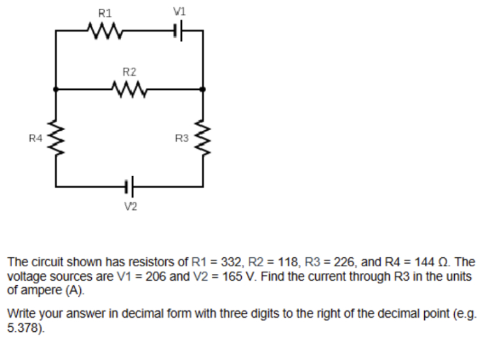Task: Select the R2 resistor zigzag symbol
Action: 129,89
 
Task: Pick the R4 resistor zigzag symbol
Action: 55,138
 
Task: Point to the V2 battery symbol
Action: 129,186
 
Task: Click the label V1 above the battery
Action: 179,11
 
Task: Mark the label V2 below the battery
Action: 130,206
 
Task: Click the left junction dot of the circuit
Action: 55,89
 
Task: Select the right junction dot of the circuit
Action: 203,89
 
